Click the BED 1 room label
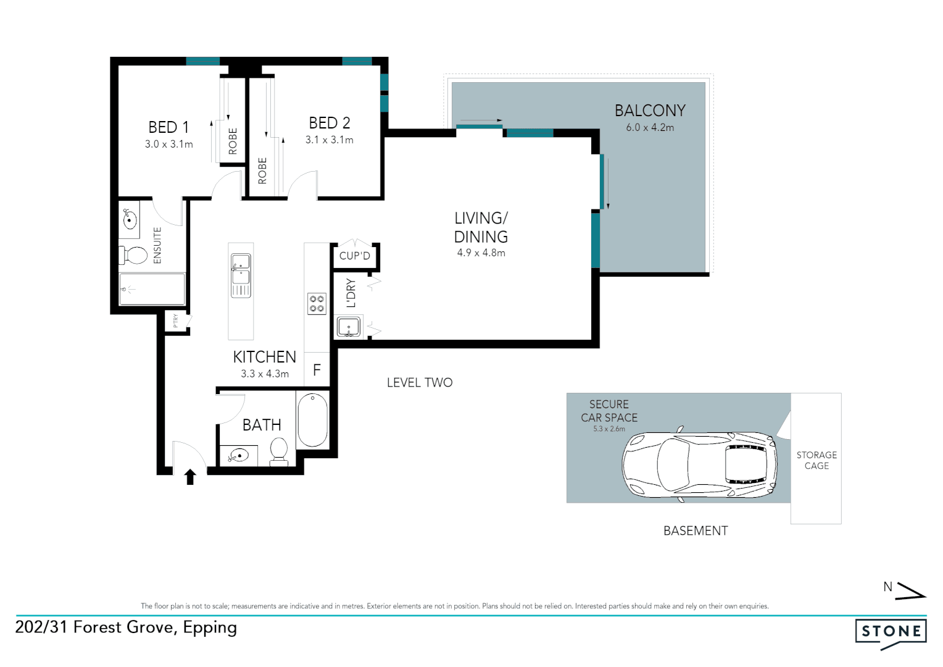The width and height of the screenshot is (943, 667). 168,127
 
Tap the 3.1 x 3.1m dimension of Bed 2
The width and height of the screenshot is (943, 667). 329,140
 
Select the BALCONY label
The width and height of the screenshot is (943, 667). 650,111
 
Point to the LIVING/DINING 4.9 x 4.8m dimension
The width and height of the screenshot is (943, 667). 481,253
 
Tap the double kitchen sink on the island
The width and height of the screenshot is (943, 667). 241,275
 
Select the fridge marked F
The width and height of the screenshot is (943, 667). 317,370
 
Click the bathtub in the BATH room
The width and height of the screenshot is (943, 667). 312,419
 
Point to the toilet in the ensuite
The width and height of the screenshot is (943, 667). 135,254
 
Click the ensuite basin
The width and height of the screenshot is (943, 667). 130,219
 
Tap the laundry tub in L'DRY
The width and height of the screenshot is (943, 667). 349,327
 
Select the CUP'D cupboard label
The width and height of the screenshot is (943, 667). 355,256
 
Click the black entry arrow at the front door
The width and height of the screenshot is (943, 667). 190,477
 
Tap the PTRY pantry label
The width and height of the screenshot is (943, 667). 176,321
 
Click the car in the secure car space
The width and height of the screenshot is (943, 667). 699,464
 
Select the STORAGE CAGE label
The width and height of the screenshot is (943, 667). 816,460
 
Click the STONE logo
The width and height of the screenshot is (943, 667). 891,632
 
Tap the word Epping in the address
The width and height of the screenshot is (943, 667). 210,628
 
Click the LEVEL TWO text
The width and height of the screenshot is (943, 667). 420,383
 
